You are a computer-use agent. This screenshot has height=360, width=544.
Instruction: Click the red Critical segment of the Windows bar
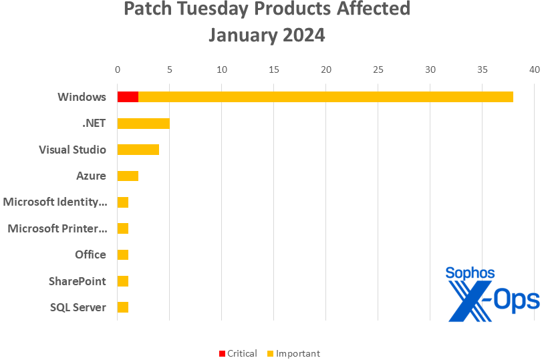coord(128,97)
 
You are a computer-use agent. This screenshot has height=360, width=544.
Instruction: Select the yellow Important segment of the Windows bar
coord(325,97)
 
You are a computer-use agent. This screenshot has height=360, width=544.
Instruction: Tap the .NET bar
coord(143,124)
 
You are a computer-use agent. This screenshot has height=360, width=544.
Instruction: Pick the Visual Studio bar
coord(138,150)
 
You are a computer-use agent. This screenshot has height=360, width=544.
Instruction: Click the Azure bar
coord(128,176)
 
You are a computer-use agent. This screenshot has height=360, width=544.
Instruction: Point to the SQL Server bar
coord(122,307)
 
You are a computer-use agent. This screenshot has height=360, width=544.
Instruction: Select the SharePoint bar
coord(122,281)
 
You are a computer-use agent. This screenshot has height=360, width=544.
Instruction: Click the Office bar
coord(122,254)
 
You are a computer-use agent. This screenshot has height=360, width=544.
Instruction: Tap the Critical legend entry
coord(238,353)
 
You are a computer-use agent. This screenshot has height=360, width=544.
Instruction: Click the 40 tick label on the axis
coord(534,69)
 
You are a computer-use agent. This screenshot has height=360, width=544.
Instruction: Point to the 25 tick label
coord(378,69)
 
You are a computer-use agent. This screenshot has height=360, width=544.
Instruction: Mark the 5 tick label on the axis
coord(170,69)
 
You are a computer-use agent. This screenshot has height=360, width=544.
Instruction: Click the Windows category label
coord(82,97)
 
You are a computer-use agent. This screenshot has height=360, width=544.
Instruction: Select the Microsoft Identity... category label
coord(55,202)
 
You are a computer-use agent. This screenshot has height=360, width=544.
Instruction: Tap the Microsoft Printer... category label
coord(57,228)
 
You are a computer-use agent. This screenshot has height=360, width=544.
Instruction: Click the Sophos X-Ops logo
coord(492,294)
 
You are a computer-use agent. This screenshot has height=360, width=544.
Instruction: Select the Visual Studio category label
coord(72,150)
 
